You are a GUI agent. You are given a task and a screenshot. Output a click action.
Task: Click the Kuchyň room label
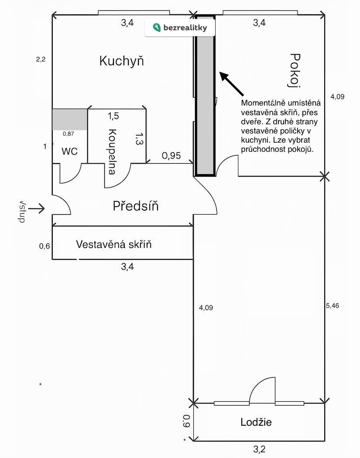[121, 61]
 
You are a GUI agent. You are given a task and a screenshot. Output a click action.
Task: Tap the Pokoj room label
[296, 70]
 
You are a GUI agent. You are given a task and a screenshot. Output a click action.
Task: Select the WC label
[70, 151]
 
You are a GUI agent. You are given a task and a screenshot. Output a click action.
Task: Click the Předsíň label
[136, 206]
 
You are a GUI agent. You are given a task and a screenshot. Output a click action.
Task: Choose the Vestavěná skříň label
[114, 244]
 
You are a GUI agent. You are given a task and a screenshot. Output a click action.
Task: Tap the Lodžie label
[256, 422]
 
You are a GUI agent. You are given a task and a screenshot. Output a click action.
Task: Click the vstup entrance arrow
[37, 209]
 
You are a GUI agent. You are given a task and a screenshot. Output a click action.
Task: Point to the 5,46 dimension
[333, 305]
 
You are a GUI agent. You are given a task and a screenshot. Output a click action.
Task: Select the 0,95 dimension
[171, 155]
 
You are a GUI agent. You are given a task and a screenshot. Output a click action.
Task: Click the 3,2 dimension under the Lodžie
[260, 448]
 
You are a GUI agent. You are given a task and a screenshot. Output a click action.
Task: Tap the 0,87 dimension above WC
[69, 134]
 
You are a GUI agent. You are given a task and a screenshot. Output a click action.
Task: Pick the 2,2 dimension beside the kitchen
[41, 60]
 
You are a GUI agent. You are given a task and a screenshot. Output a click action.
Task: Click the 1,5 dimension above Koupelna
[113, 116]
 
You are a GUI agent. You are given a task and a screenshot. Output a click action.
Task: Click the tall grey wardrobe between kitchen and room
[205, 96]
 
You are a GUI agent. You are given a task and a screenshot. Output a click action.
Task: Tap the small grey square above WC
[69, 119]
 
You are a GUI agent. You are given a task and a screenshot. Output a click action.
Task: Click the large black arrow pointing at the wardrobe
[231, 84]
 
